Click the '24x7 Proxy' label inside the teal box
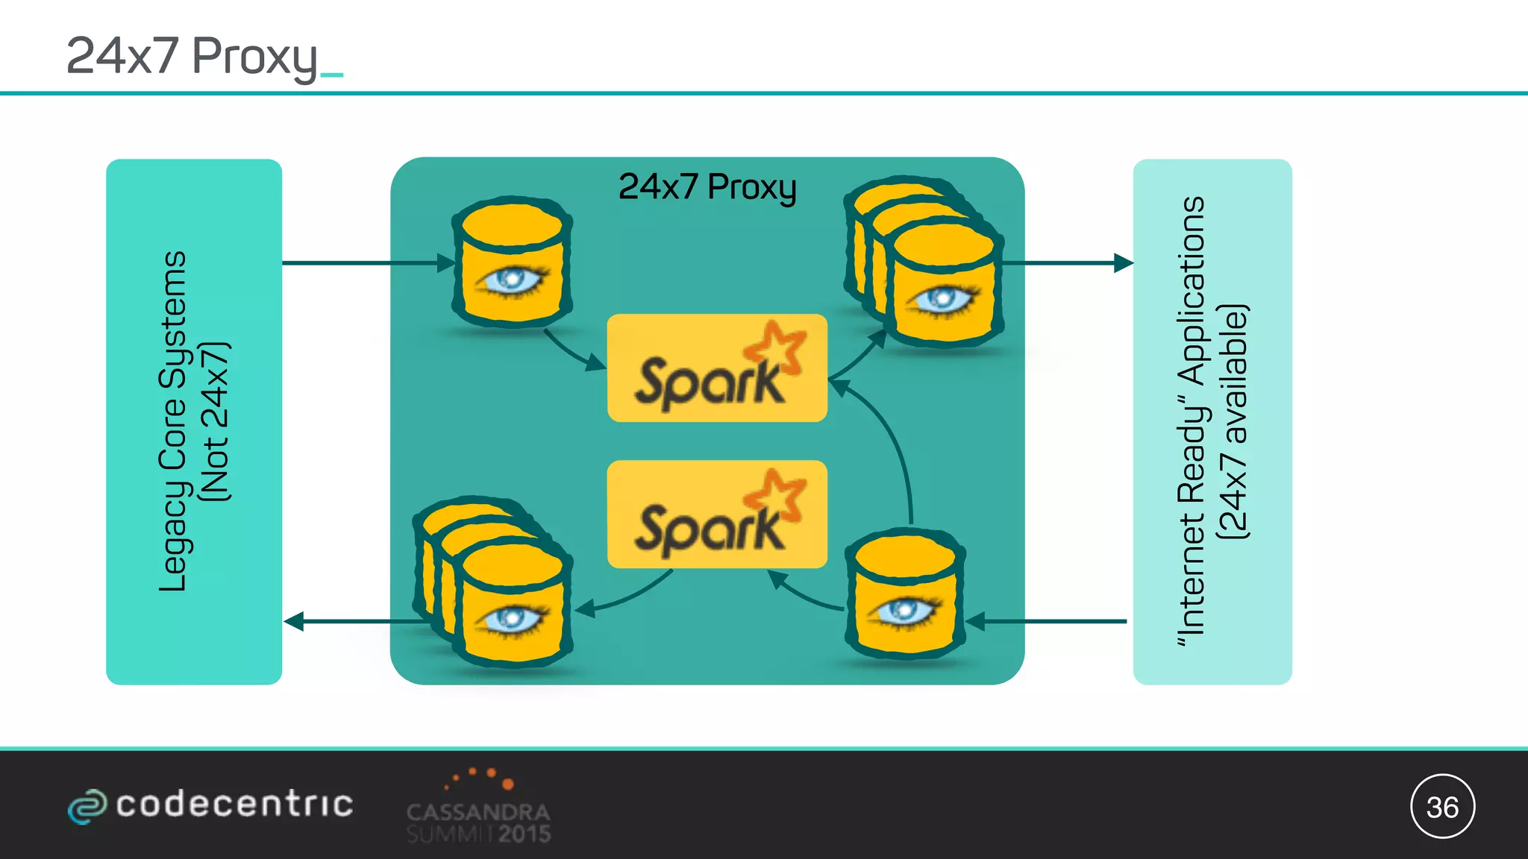point(707,186)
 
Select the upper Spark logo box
point(716,368)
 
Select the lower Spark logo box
point(716,515)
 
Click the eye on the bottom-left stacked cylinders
point(512,619)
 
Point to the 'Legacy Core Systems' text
point(173,421)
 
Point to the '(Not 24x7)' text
point(216,421)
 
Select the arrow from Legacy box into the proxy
point(366,262)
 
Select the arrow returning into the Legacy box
point(351,620)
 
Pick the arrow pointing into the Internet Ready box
point(1067,262)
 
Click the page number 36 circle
point(1442,807)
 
